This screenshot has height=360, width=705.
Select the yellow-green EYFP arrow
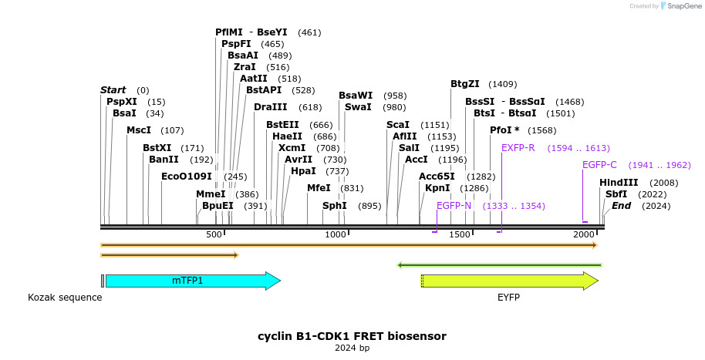tap(509, 281)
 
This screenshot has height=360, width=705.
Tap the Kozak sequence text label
tap(65, 298)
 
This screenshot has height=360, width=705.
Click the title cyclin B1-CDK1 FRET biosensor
tap(352, 336)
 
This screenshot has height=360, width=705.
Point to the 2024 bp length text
tap(352, 348)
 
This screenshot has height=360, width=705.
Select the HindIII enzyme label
tap(619, 183)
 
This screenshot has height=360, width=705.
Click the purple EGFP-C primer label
tap(599, 165)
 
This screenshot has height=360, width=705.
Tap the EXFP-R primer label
tap(518, 148)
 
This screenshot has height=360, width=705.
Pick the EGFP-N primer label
tap(454, 206)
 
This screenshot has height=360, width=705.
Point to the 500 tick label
tap(214, 234)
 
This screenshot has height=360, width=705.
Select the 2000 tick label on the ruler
tap(582, 234)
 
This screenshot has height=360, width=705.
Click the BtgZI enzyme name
tap(465, 84)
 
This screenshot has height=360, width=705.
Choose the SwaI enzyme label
tap(358, 107)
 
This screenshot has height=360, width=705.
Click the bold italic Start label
tap(113, 90)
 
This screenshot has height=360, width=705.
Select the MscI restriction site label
tap(139, 130)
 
